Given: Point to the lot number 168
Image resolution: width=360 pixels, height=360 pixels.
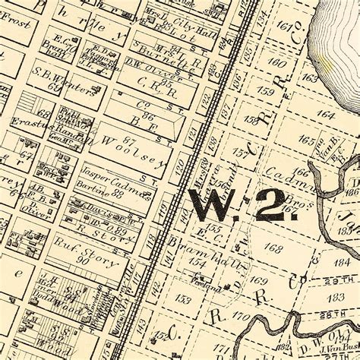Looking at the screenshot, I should point(273,248).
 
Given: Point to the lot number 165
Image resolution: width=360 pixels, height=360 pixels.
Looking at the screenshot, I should point(306,141).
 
